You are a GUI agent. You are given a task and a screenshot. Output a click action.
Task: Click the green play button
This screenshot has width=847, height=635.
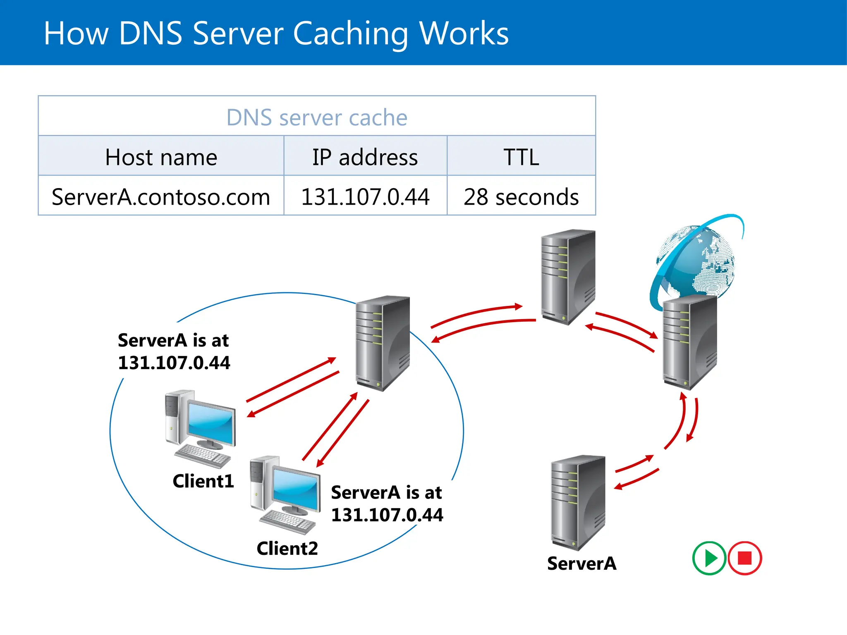click(x=709, y=558)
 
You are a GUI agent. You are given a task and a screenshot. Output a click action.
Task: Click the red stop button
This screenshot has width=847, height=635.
click(x=745, y=558)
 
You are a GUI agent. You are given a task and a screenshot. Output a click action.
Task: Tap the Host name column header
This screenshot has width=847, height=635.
click(x=161, y=157)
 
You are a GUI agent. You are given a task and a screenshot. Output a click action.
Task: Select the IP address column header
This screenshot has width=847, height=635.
click(x=365, y=157)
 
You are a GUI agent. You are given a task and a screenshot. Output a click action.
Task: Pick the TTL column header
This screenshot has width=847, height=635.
click(x=521, y=157)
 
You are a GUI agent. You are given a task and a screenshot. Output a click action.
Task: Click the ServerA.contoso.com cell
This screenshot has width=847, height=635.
click(x=161, y=197)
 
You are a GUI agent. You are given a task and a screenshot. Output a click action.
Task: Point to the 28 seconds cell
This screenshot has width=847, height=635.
click(x=521, y=197)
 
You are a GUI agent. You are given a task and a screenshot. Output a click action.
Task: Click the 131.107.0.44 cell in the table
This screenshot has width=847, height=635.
click(x=365, y=197)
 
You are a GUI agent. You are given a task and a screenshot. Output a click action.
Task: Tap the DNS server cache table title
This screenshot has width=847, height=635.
click(x=317, y=117)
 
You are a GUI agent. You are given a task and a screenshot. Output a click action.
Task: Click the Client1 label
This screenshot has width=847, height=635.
click(x=203, y=481)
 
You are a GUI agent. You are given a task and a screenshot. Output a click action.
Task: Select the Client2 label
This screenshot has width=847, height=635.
click(x=287, y=549)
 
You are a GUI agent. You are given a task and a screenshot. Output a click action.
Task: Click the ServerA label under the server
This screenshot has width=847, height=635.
click(x=581, y=563)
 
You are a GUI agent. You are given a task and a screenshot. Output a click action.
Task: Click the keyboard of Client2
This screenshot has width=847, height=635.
click(x=288, y=522)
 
